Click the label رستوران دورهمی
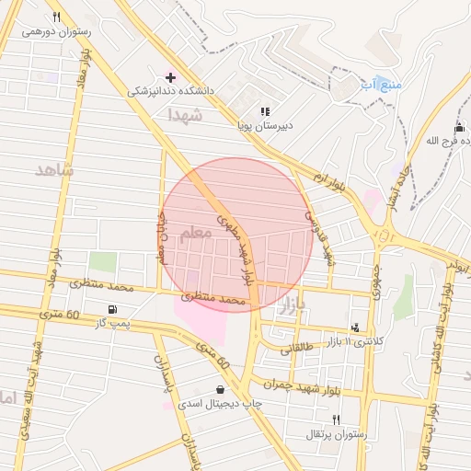point(56,31)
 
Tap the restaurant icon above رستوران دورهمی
point(56,17)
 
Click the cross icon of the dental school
point(170,75)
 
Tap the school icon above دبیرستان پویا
point(265,111)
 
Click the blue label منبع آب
point(380,85)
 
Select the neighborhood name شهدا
point(184,115)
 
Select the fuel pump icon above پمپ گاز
point(111,309)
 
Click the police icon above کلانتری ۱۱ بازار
point(356,327)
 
